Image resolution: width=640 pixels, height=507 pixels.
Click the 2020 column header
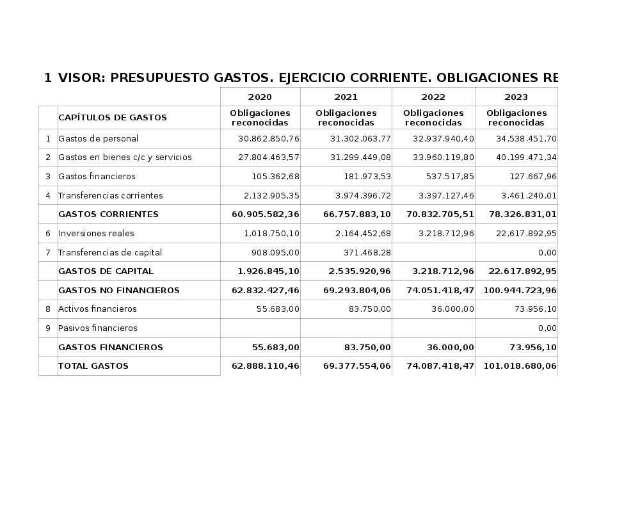pyautogui.click(x=260, y=97)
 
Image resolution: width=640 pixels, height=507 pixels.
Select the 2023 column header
pyautogui.click(x=516, y=97)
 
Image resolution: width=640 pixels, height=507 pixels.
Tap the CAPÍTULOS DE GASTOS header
pyautogui.click(x=113, y=118)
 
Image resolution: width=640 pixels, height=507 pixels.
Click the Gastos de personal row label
pyautogui.click(x=98, y=138)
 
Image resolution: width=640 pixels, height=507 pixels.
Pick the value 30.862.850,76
pyautogui.click(x=268, y=138)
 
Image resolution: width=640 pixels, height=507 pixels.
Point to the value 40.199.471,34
pyautogui.click(x=526, y=157)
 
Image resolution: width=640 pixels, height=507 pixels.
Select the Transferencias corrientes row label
pyautogui.click(x=110, y=195)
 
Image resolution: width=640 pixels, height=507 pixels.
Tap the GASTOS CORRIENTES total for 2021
pyautogui.click(x=357, y=214)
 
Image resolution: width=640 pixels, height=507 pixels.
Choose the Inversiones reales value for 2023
pyautogui.click(x=526, y=233)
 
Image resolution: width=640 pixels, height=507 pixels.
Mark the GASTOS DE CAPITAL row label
pyautogui.click(x=106, y=271)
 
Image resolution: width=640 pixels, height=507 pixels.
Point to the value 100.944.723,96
pyautogui.click(x=520, y=291)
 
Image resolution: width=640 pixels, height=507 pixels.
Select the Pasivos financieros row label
pyautogui.click(x=97, y=328)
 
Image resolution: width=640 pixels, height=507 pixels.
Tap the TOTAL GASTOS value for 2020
pyautogui.click(x=266, y=366)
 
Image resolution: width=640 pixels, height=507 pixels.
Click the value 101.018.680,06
pyautogui.click(x=520, y=366)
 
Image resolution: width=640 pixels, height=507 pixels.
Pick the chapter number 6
pyautogui.click(x=48, y=234)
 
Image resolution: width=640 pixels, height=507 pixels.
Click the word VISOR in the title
pyautogui.click(x=81, y=78)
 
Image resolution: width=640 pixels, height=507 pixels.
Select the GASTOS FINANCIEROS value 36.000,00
pyautogui.click(x=451, y=348)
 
